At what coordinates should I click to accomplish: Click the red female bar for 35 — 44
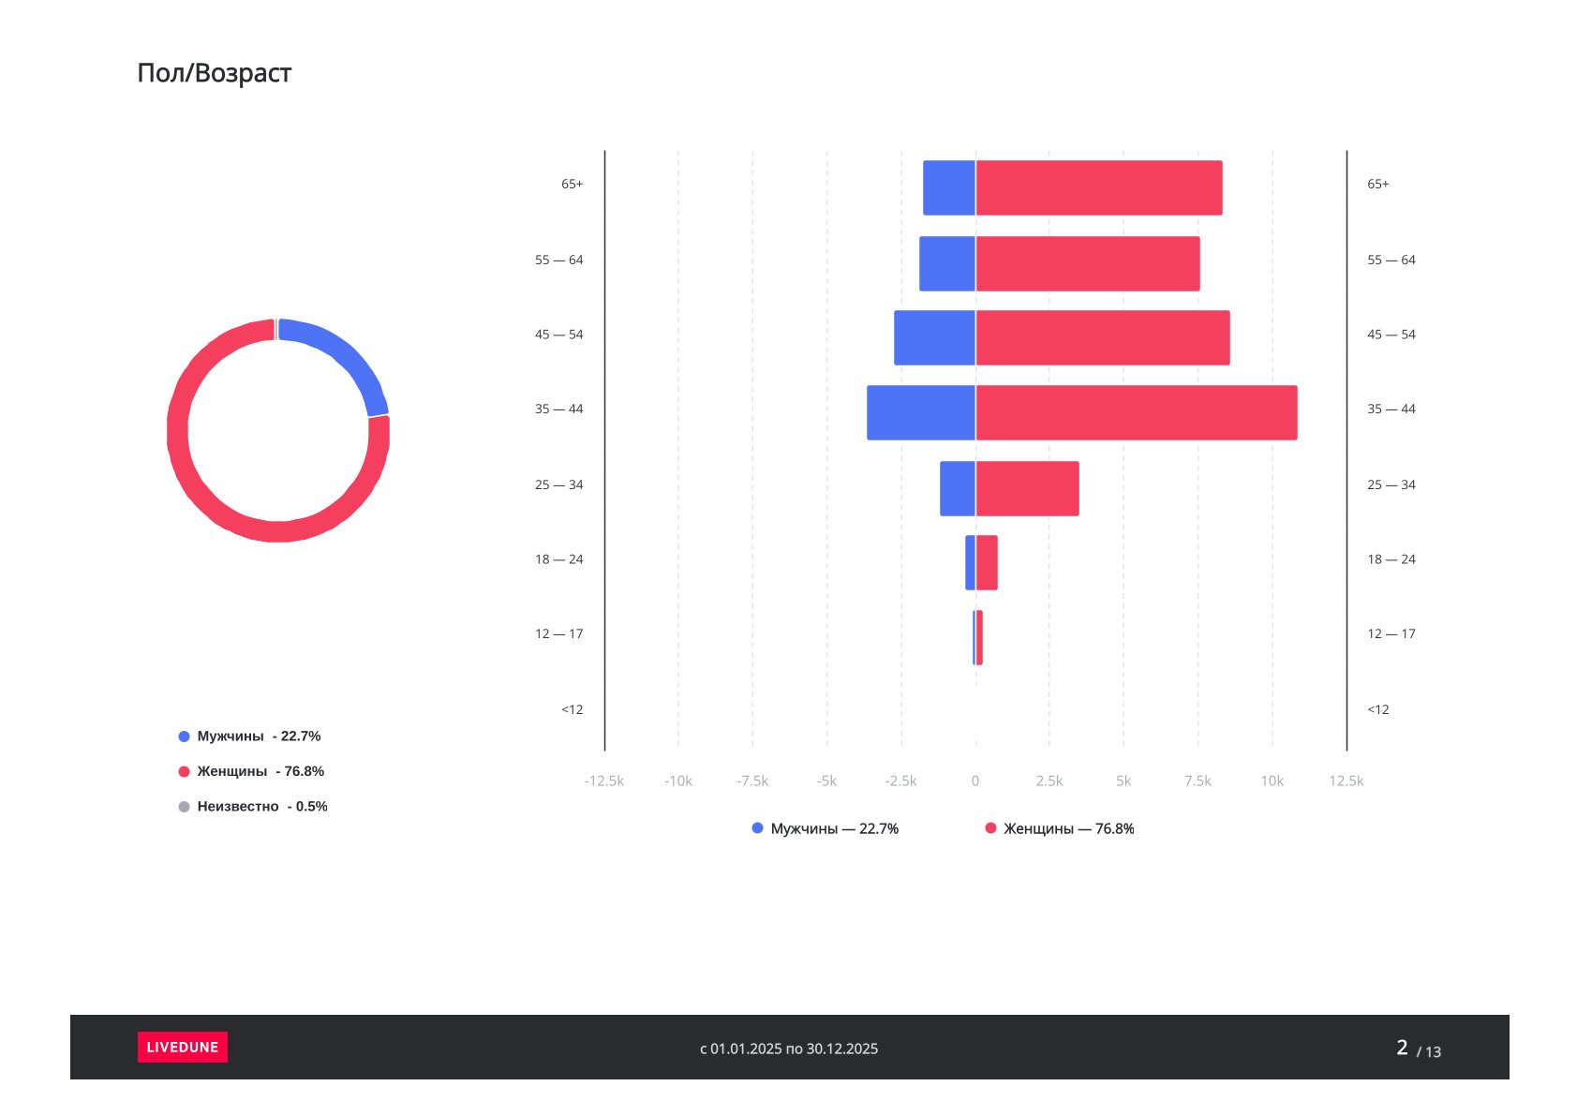pyautogui.click(x=1136, y=412)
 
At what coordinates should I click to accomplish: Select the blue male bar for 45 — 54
pyautogui.click(x=934, y=337)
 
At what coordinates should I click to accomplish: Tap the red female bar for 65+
pyautogui.click(x=1098, y=187)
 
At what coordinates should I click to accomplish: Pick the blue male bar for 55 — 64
pyautogui.click(x=946, y=263)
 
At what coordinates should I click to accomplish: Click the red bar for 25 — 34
pyautogui.click(x=1027, y=488)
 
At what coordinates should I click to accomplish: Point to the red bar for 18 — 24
pyautogui.click(x=987, y=562)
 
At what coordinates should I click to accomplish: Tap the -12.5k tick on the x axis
pyautogui.click(x=603, y=781)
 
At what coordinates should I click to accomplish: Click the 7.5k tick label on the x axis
pyautogui.click(x=1197, y=781)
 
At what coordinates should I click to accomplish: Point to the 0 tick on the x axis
pyautogui.click(x=974, y=781)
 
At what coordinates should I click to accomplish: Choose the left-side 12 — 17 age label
pyautogui.click(x=558, y=634)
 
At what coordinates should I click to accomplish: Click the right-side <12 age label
pyautogui.click(x=1377, y=709)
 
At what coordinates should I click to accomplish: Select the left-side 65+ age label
pyautogui.click(x=572, y=185)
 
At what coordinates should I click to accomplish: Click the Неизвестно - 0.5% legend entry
pyautogui.click(x=253, y=807)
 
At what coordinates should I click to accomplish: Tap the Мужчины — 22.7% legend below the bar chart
pyautogui.click(x=826, y=829)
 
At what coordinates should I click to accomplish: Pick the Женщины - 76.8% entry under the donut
pyautogui.click(x=251, y=771)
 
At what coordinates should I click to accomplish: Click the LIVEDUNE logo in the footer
pyautogui.click(x=182, y=1047)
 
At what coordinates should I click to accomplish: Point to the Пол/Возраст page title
pyautogui.click(x=215, y=73)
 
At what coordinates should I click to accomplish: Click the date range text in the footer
pyautogui.click(x=789, y=1049)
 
